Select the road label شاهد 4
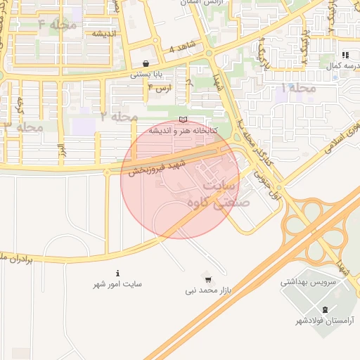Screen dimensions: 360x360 pyautogui.click(x=181, y=49)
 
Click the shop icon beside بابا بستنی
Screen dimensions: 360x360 pyautogui.click(x=146, y=63)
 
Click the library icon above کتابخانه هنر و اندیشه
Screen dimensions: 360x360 pyautogui.click(x=184, y=120)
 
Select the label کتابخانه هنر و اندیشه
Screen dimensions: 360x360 pyautogui.click(x=184, y=131)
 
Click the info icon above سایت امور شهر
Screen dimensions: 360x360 pyautogui.click(x=117, y=273)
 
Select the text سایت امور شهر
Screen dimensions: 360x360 pyautogui.click(x=117, y=284)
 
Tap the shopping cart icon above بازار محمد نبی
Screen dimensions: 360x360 pyautogui.click(x=207, y=278)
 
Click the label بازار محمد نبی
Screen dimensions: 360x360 pyautogui.click(x=209, y=290)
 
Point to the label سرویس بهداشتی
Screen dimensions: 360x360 pyautogui.click(x=309, y=282)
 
